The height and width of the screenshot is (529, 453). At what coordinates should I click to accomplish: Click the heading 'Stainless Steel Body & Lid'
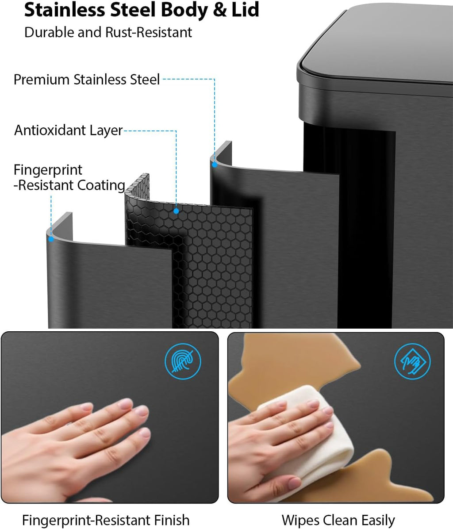tap(142, 10)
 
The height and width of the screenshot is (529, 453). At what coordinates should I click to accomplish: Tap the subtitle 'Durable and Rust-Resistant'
tap(108, 32)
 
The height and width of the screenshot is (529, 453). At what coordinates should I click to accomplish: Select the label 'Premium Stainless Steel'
tap(87, 80)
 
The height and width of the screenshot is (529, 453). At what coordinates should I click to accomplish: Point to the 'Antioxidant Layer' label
tap(69, 130)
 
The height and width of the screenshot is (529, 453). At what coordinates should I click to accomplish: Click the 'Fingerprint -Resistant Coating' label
tap(69, 177)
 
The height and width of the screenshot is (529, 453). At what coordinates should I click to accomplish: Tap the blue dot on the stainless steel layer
tap(215, 165)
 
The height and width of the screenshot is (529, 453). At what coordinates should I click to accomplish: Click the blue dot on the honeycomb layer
tap(176, 211)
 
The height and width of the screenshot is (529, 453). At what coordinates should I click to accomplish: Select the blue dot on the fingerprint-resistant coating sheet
tap(51, 239)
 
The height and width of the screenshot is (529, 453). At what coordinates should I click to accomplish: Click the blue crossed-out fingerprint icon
tap(183, 361)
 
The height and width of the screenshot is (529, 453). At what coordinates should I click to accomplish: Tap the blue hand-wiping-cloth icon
tap(413, 361)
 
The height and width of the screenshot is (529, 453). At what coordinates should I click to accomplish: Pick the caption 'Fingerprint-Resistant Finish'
tap(106, 520)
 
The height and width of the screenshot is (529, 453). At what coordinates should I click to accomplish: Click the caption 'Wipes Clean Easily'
tap(338, 520)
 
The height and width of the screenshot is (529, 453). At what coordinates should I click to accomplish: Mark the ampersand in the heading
tap(220, 10)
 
